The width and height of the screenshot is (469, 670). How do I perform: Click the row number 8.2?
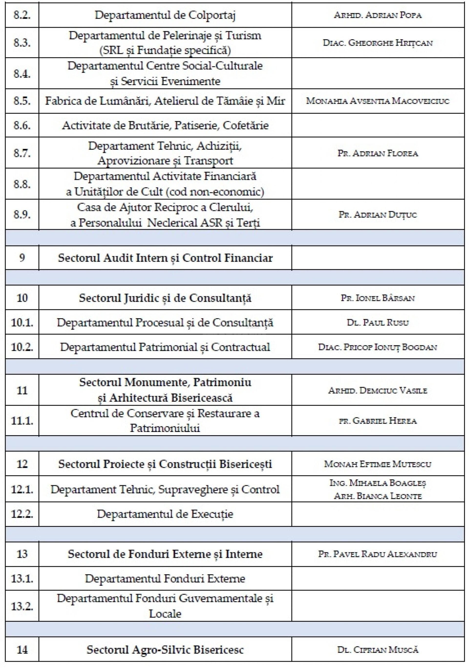tap(22, 15)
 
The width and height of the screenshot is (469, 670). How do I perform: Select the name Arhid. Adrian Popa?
tap(378, 15)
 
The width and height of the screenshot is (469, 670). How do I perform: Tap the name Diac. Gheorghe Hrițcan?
tap(378, 43)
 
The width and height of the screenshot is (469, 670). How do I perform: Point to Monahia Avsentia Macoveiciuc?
tap(378, 101)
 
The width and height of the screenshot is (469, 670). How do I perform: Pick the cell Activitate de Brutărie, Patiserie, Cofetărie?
tap(165, 126)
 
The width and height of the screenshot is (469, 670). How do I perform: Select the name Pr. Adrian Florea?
tap(378, 153)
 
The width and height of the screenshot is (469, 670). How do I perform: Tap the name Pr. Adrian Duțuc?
tap(378, 215)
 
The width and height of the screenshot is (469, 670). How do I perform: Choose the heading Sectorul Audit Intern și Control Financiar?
tap(165, 258)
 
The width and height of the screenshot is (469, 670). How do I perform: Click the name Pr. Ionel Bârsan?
tap(378, 298)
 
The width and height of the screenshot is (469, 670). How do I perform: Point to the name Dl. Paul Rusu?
tap(378, 323)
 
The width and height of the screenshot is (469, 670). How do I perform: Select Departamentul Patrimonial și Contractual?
tap(165, 347)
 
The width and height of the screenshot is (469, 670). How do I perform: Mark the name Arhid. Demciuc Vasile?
tap(378, 390)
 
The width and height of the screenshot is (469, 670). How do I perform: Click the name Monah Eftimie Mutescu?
tap(378, 464)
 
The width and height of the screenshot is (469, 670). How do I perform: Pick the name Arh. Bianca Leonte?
tap(378, 496)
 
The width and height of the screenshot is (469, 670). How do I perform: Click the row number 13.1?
tap(22, 578)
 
